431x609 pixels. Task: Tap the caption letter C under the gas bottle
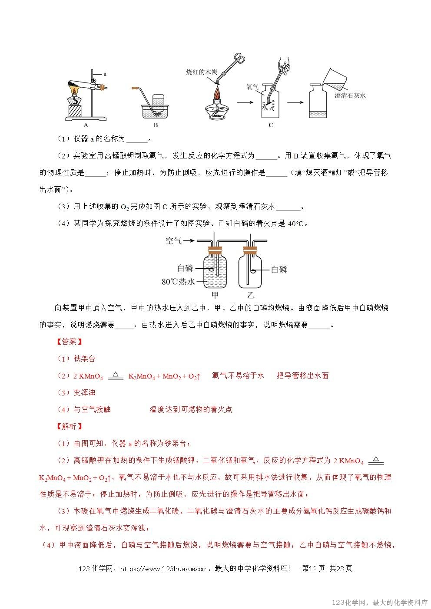pyautogui.click(x=271, y=125)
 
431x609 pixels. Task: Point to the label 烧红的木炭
pyautogui.click(x=201, y=72)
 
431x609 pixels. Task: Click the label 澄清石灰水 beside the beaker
pyautogui.click(x=350, y=95)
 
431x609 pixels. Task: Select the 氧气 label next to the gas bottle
pyautogui.click(x=252, y=87)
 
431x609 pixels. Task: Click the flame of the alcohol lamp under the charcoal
pyautogui.click(x=216, y=93)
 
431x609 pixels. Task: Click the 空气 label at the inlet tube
pyautogui.click(x=173, y=240)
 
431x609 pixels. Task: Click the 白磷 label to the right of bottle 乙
pyautogui.click(x=279, y=270)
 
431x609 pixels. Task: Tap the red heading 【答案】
pyautogui.click(x=70, y=342)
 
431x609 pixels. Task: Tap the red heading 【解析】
pyautogui.click(x=70, y=426)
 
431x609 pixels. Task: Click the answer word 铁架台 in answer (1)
pyautogui.click(x=84, y=359)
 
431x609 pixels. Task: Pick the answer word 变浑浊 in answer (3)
pyautogui.click(x=84, y=392)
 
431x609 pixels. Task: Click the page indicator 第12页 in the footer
pyautogui.click(x=313, y=569)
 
